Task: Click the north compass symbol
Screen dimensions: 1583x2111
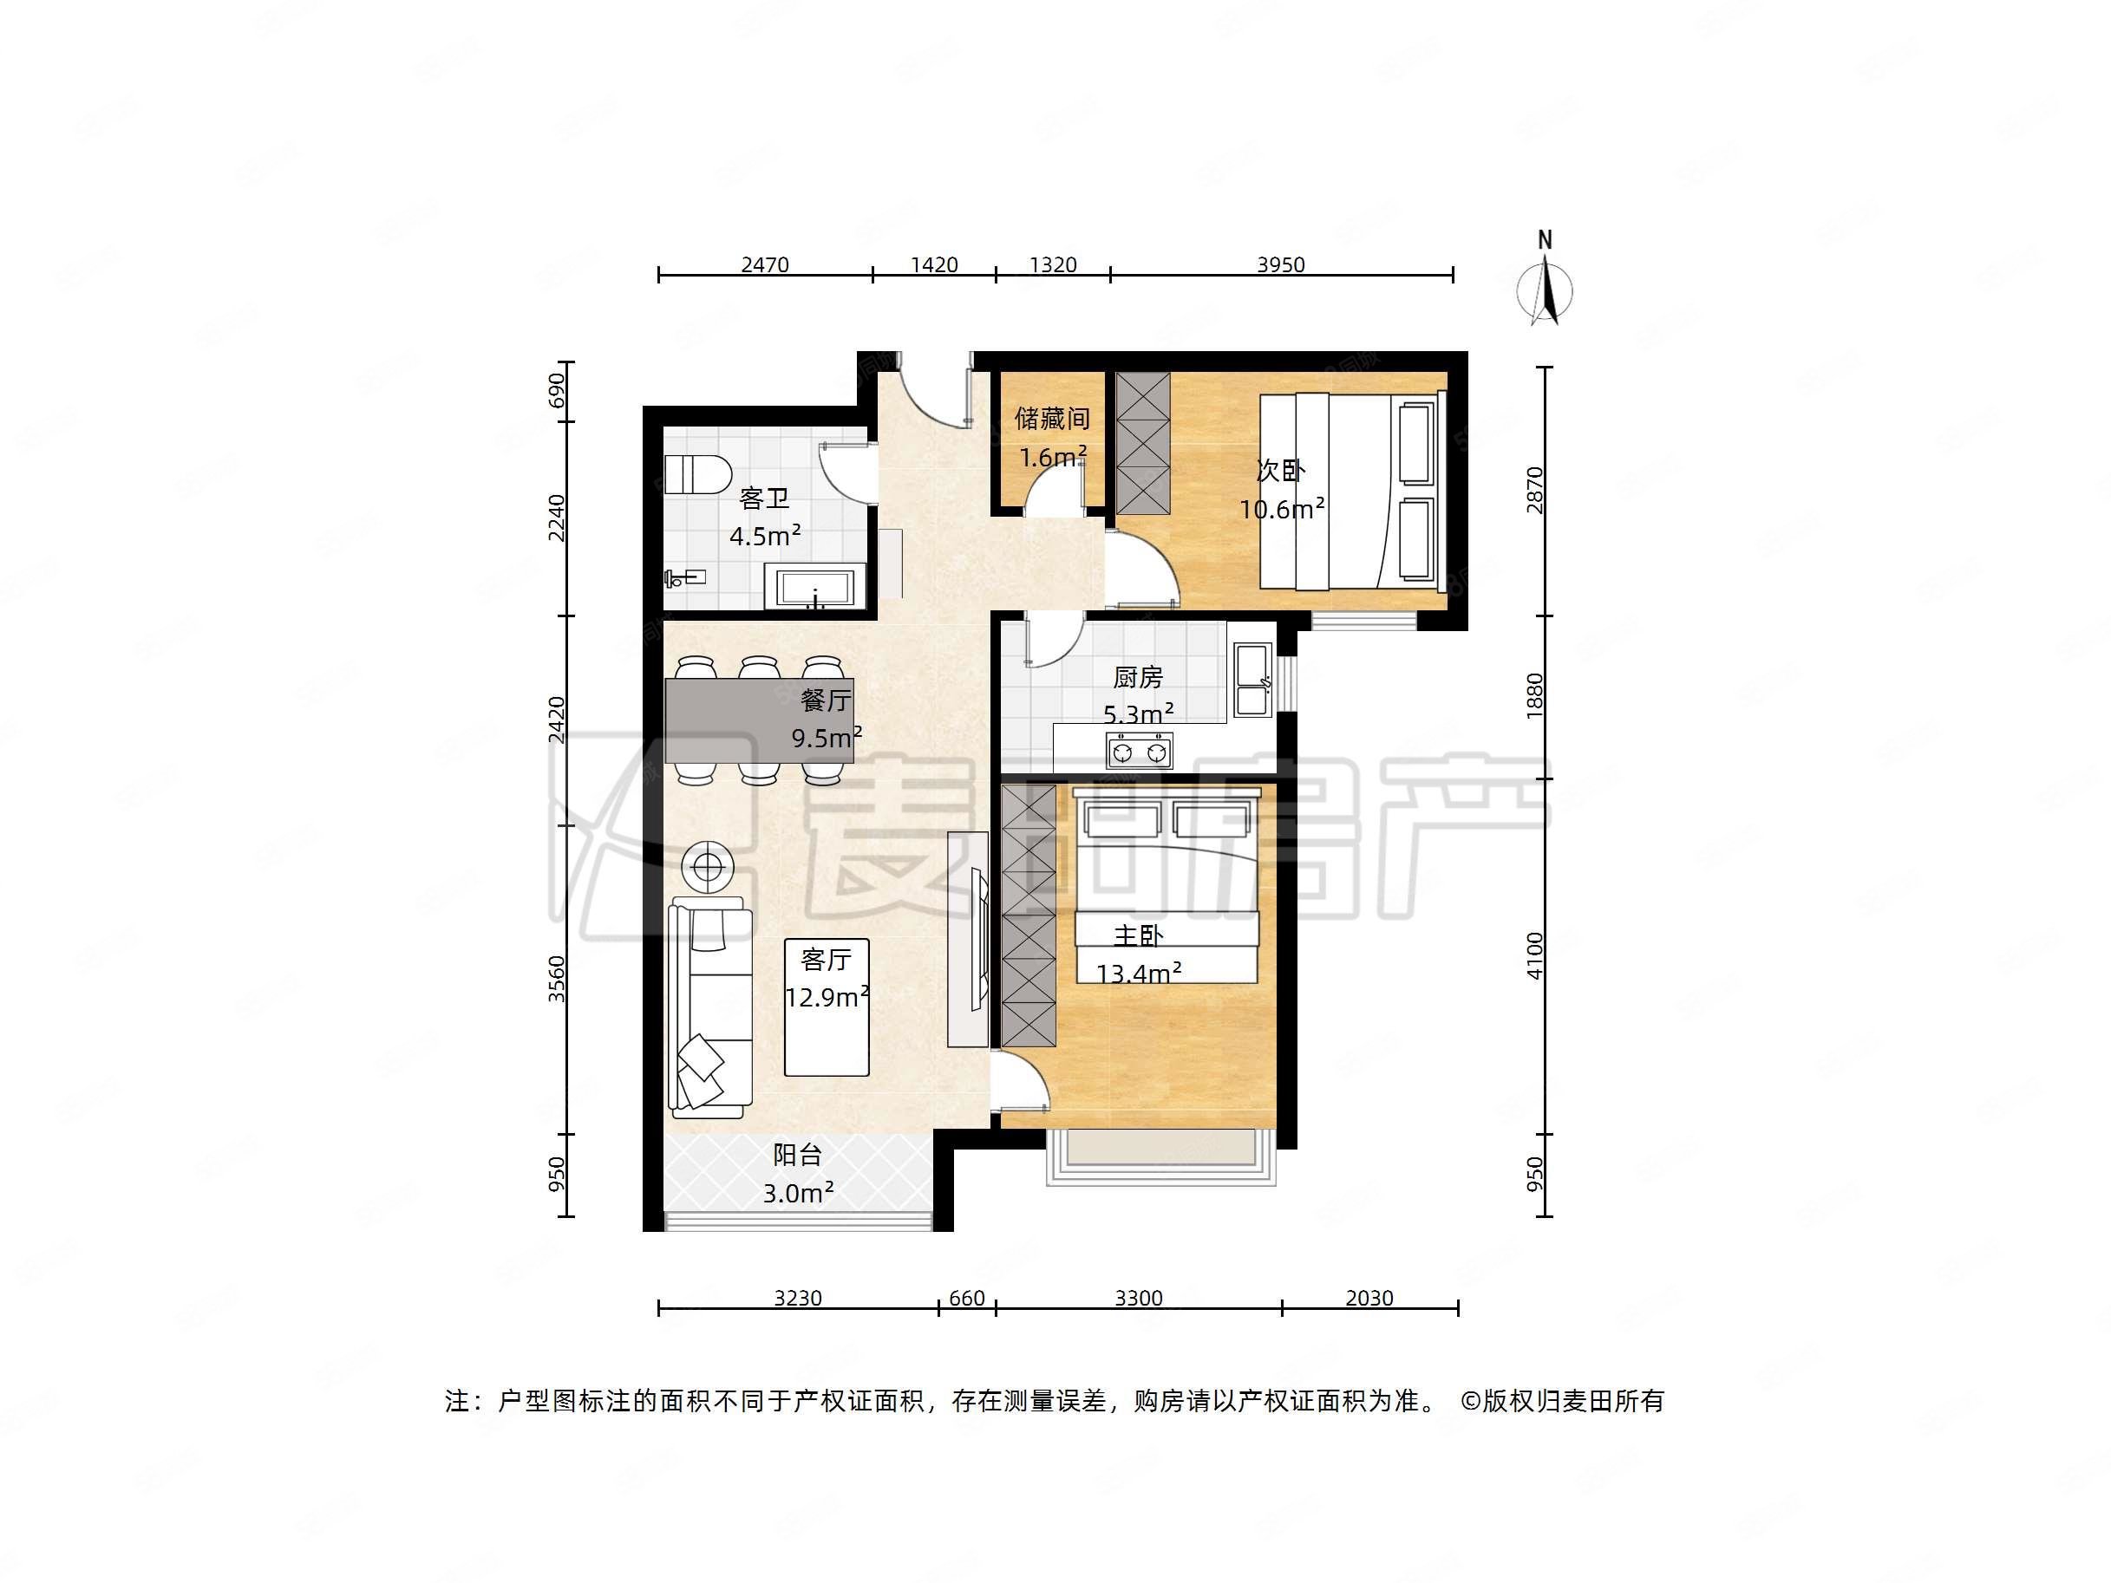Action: (x=1545, y=286)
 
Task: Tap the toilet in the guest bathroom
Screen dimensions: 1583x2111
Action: (x=696, y=474)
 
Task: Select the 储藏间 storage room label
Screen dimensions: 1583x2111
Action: (x=1052, y=418)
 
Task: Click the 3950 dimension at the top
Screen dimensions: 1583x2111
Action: (x=1280, y=264)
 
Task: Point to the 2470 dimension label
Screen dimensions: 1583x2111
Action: (x=764, y=264)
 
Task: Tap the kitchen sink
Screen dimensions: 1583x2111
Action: (x=1252, y=681)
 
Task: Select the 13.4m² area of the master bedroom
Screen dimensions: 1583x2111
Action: (x=1139, y=974)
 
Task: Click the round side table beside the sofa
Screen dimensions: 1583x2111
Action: (x=707, y=866)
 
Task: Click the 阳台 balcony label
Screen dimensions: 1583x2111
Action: (x=797, y=1155)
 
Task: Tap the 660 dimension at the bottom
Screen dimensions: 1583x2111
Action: (x=966, y=1298)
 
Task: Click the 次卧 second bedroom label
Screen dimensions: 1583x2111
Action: (x=1280, y=471)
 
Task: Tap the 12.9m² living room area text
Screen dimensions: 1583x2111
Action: (x=827, y=997)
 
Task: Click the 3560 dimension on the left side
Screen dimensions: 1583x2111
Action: (x=557, y=979)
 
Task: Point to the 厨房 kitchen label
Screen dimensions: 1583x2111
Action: (x=1138, y=677)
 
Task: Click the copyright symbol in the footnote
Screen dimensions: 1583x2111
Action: (x=1470, y=1401)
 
